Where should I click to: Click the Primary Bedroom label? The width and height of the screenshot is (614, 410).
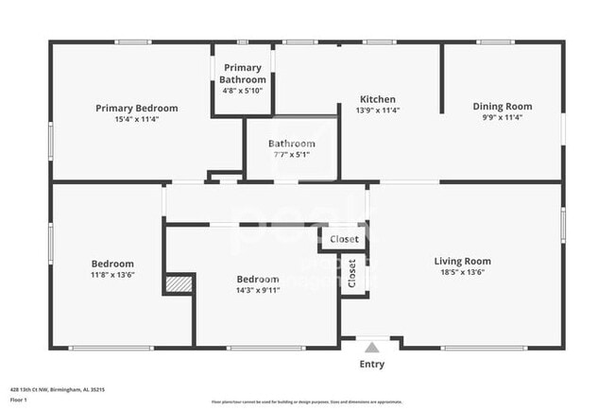[136, 108]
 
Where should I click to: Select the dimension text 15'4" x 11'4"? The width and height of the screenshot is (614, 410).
[136, 120]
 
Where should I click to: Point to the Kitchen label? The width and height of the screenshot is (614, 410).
[377, 99]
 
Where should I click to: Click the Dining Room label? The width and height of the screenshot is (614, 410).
[502, 107]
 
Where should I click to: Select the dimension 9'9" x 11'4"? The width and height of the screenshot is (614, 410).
[502, 118]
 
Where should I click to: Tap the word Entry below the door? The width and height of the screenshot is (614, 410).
[372, 365]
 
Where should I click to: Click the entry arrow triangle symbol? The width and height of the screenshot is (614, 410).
[372, 347]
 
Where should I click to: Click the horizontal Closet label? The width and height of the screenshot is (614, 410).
[344, 239]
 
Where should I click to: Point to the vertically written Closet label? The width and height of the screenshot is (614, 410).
[352, 273]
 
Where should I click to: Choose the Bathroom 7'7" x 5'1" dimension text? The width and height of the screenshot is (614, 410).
[291, 155]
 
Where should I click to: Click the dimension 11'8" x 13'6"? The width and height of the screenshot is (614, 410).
[111, 275]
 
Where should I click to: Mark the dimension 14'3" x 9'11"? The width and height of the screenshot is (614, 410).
[257, 291]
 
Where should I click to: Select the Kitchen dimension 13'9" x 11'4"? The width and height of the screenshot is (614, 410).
[377, 111]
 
